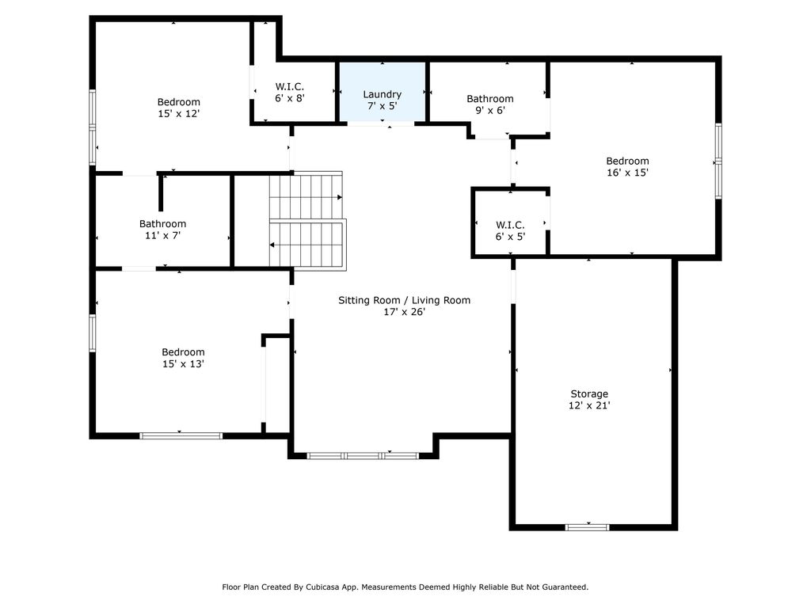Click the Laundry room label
[383, 94]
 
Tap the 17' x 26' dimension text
[404, 312]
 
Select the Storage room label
[589, 394]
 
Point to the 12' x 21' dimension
[589, 405]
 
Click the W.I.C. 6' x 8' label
[290, 92]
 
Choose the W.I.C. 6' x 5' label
[511, 230]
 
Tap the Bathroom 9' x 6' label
[490, 104]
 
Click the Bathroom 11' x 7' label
[162, 230]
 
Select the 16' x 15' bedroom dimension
[627, 173]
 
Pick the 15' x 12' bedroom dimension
[178, 114]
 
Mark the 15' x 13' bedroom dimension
[183, 364]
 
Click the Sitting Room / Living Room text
[405, 300]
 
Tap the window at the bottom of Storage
[587, 527]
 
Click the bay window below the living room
[363, 456]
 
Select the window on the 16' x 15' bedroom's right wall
[718, 161]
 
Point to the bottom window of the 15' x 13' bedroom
[181, 436]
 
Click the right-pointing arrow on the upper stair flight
[339, 197]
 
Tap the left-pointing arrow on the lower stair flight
[272, 245]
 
